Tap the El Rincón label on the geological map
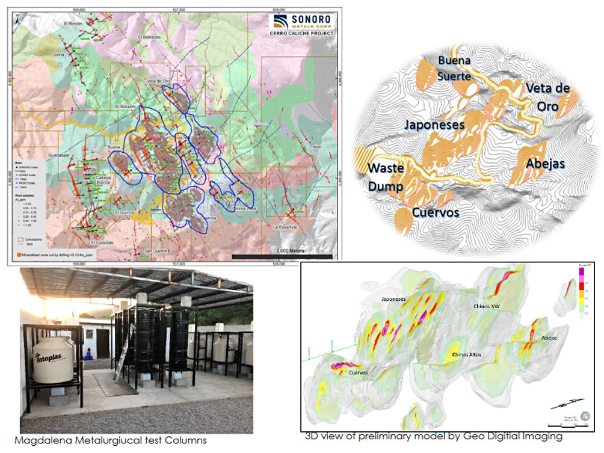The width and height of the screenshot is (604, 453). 72,23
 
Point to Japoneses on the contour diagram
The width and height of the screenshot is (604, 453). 434,125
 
